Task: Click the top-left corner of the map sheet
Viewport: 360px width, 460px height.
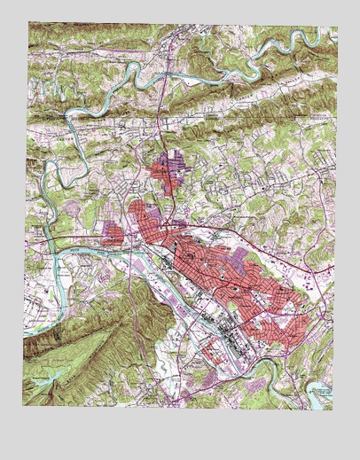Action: pyautogui.click(x=28, y=22)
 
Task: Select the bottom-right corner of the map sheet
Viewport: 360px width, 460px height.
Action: pyautogui.click(x=334, y=409)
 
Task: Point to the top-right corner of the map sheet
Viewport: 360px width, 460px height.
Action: pyautogui.click(x=338, y=27)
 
